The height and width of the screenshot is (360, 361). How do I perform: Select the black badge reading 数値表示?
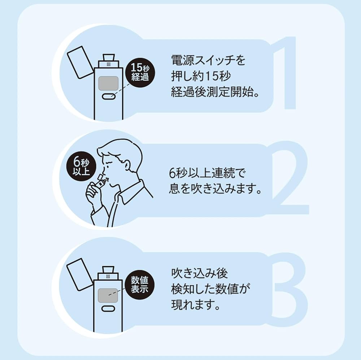(x=139, y=285)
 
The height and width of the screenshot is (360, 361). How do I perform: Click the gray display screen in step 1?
(x=109, y=83)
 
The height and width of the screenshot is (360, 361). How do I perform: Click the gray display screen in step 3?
(x=109, y=295)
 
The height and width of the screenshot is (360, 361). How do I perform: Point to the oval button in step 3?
(x=108, y=308)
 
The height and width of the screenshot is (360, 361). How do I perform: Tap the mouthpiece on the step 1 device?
(x=109, y=58)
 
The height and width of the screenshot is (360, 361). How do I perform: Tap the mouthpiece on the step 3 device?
(x=109, y=270)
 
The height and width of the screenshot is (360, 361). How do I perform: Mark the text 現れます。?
(x=195, y=305)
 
